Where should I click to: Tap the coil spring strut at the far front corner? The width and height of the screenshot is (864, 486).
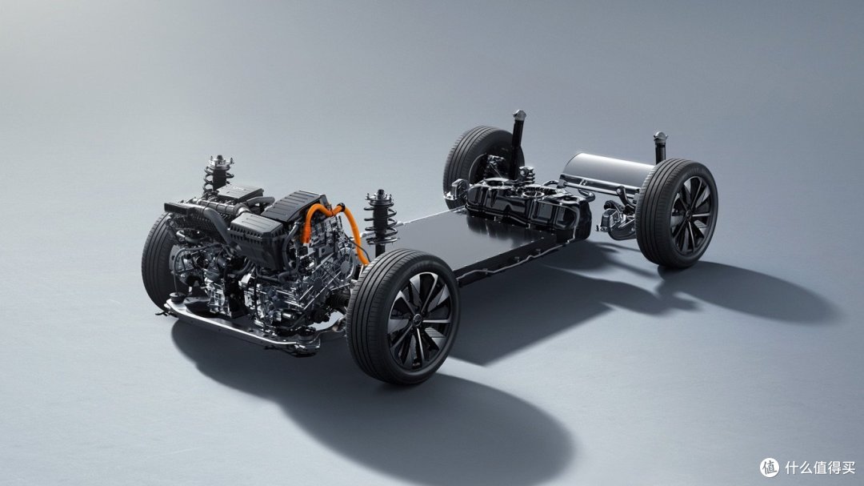coord(218,173)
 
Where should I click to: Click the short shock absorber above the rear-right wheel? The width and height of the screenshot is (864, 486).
coord(660,146)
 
